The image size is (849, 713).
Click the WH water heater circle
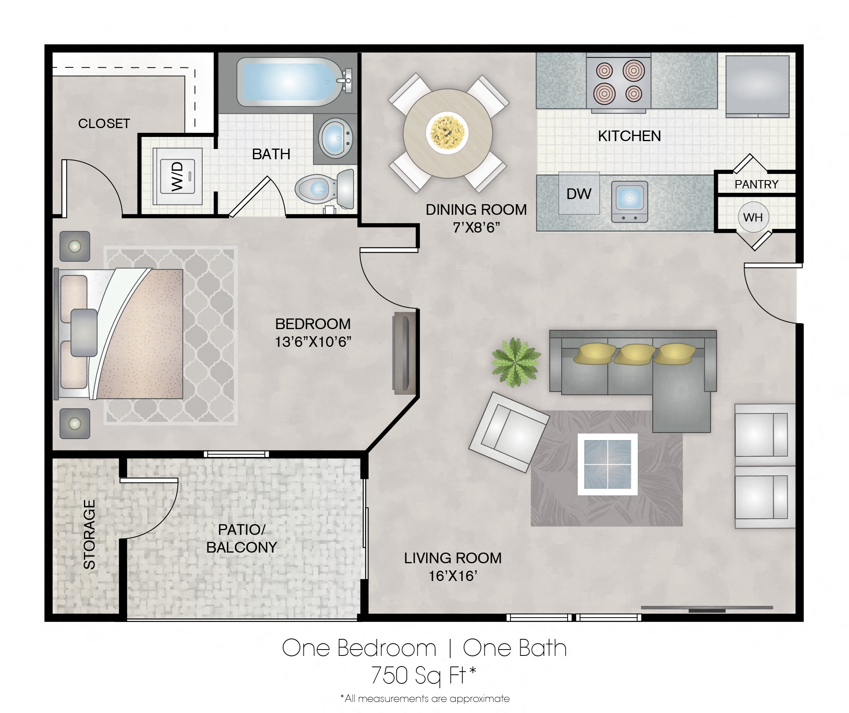753,217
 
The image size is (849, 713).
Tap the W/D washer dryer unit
177,177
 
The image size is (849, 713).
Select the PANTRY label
756,184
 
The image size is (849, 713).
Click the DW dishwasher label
579,194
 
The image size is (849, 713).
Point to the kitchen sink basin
629,198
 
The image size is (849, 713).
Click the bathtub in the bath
288,82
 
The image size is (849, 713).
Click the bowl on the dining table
447,133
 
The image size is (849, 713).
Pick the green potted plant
516,362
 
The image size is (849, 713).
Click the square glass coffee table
607,464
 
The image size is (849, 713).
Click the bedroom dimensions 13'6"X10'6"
313,342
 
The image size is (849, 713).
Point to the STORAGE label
89,534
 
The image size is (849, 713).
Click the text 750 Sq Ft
423,675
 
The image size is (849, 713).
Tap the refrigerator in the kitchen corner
757,85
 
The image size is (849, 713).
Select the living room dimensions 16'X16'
453,576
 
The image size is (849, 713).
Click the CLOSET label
104,123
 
